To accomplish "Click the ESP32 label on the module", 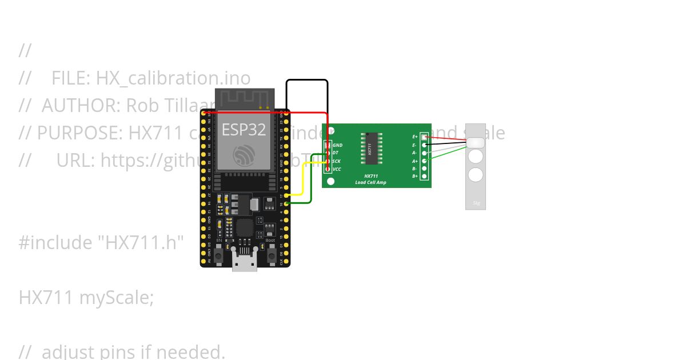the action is pos(244,130).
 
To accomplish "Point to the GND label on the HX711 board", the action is pos(338,145).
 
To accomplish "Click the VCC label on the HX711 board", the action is pos(337,169).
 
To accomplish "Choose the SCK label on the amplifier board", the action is pos(337,161).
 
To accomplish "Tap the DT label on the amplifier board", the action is pos(336,153).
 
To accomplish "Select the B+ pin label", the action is pos(415,176).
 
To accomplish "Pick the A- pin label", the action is pos(415,153).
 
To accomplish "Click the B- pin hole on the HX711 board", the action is pos(424,169).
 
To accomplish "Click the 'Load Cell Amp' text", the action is pos(370,182).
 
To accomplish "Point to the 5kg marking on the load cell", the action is pos(476,203).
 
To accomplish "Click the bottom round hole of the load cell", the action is pos(476,175).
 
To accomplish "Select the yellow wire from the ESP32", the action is pos(303,177).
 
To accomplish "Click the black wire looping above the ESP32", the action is pos(307,80).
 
